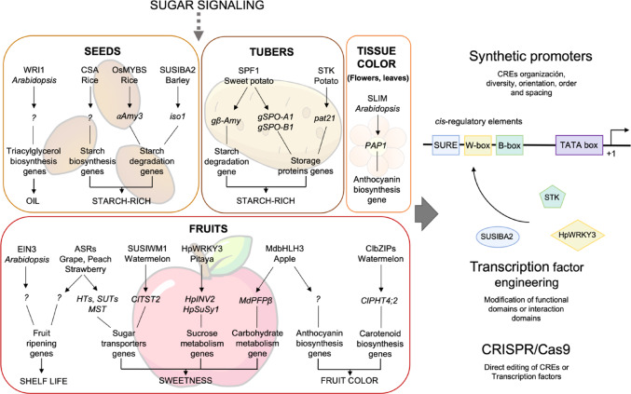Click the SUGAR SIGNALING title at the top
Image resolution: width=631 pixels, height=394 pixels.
point(207,6)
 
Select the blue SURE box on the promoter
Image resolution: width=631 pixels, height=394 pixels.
point(446,145)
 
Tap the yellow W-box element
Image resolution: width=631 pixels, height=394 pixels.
point(477,145)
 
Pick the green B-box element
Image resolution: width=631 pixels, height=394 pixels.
point(510,145)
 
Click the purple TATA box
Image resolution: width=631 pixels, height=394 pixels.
point(579,145)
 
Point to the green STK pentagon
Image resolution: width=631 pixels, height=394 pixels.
point(552,197)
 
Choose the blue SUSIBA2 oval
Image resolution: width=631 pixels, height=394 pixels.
point(497,237)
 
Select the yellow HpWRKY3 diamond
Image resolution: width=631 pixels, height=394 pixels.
point(577,236)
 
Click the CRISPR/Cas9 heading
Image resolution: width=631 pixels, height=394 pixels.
point(526,349)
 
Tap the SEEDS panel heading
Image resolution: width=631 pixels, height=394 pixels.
point(103,51)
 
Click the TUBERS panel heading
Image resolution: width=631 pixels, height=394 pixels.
point(271,52)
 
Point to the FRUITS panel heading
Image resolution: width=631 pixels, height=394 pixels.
point(209,229)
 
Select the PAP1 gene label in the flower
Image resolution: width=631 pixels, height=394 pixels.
point(376,145)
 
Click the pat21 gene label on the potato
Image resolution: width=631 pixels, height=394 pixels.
point(324,118)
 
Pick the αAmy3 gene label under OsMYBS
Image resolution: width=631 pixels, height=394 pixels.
point(130,116)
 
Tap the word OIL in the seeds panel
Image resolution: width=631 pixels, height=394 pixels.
point(33,200)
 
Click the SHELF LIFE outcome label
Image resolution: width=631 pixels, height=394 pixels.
point(44,381)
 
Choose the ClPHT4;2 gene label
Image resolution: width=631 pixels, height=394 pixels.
point(380,300)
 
